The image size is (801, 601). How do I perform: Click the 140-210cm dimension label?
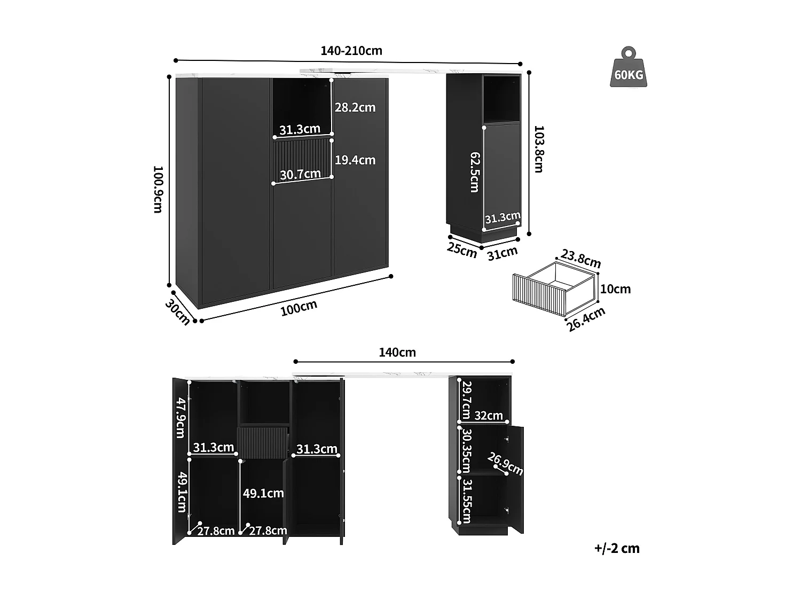pos(351,51)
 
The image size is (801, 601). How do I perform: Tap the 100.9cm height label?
pos(158,189)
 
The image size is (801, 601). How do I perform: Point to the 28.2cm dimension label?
pos(355,107)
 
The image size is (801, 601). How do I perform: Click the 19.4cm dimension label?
pos(355,160)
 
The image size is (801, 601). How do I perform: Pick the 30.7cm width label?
pos(301,174)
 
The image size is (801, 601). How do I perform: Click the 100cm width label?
pos(299,308)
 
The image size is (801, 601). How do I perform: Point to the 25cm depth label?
pos(462,250)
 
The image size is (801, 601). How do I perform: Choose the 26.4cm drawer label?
pos(586,319)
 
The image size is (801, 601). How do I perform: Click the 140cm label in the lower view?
pos(397,353)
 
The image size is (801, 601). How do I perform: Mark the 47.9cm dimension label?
pos(182,418)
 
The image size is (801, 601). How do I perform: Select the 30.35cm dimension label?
pos(466,449)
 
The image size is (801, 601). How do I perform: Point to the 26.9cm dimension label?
pos(506,463)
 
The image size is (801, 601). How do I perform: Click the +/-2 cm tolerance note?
pos(617,548)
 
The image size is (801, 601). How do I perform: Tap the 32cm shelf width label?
pos(489,415)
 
